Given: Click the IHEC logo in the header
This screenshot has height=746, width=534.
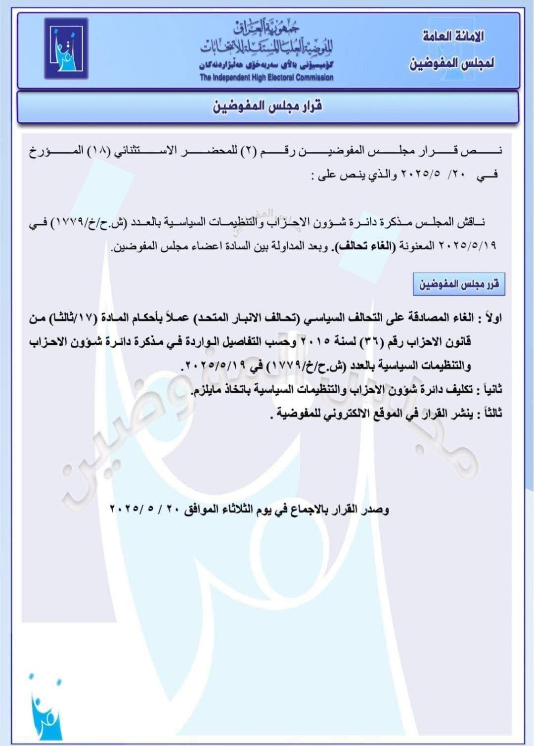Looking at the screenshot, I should [66, 48].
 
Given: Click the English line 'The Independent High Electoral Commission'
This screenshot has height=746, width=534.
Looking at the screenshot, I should [267, 78].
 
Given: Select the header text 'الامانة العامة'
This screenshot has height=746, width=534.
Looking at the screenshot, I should [453, 37].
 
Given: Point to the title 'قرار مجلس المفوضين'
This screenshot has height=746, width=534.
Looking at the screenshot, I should [267, 106].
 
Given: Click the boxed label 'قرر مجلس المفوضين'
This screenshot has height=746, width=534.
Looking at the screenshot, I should [459, 284].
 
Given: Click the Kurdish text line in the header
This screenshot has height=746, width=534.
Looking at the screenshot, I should [267, 65].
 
